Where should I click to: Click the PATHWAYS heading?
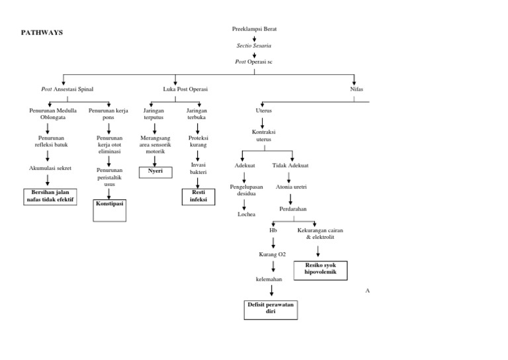pos(42,32)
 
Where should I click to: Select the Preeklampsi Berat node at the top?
pos(255,29)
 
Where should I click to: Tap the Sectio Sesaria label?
pos(255,45)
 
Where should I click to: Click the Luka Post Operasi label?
pos(185,89)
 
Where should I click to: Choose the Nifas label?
pos(357,89)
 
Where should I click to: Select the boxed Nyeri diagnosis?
pos(155,172)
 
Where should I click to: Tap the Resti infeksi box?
pos(198,196)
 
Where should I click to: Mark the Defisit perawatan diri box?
pos(271,309)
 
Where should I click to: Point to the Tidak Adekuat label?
pos(290,165)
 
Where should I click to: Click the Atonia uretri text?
pos(291,187)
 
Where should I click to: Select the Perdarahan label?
pos(292,209)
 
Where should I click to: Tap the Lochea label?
pos(246,214)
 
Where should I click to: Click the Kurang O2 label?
pos(273,255)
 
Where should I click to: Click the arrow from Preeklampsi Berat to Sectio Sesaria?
pos(255,38)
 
